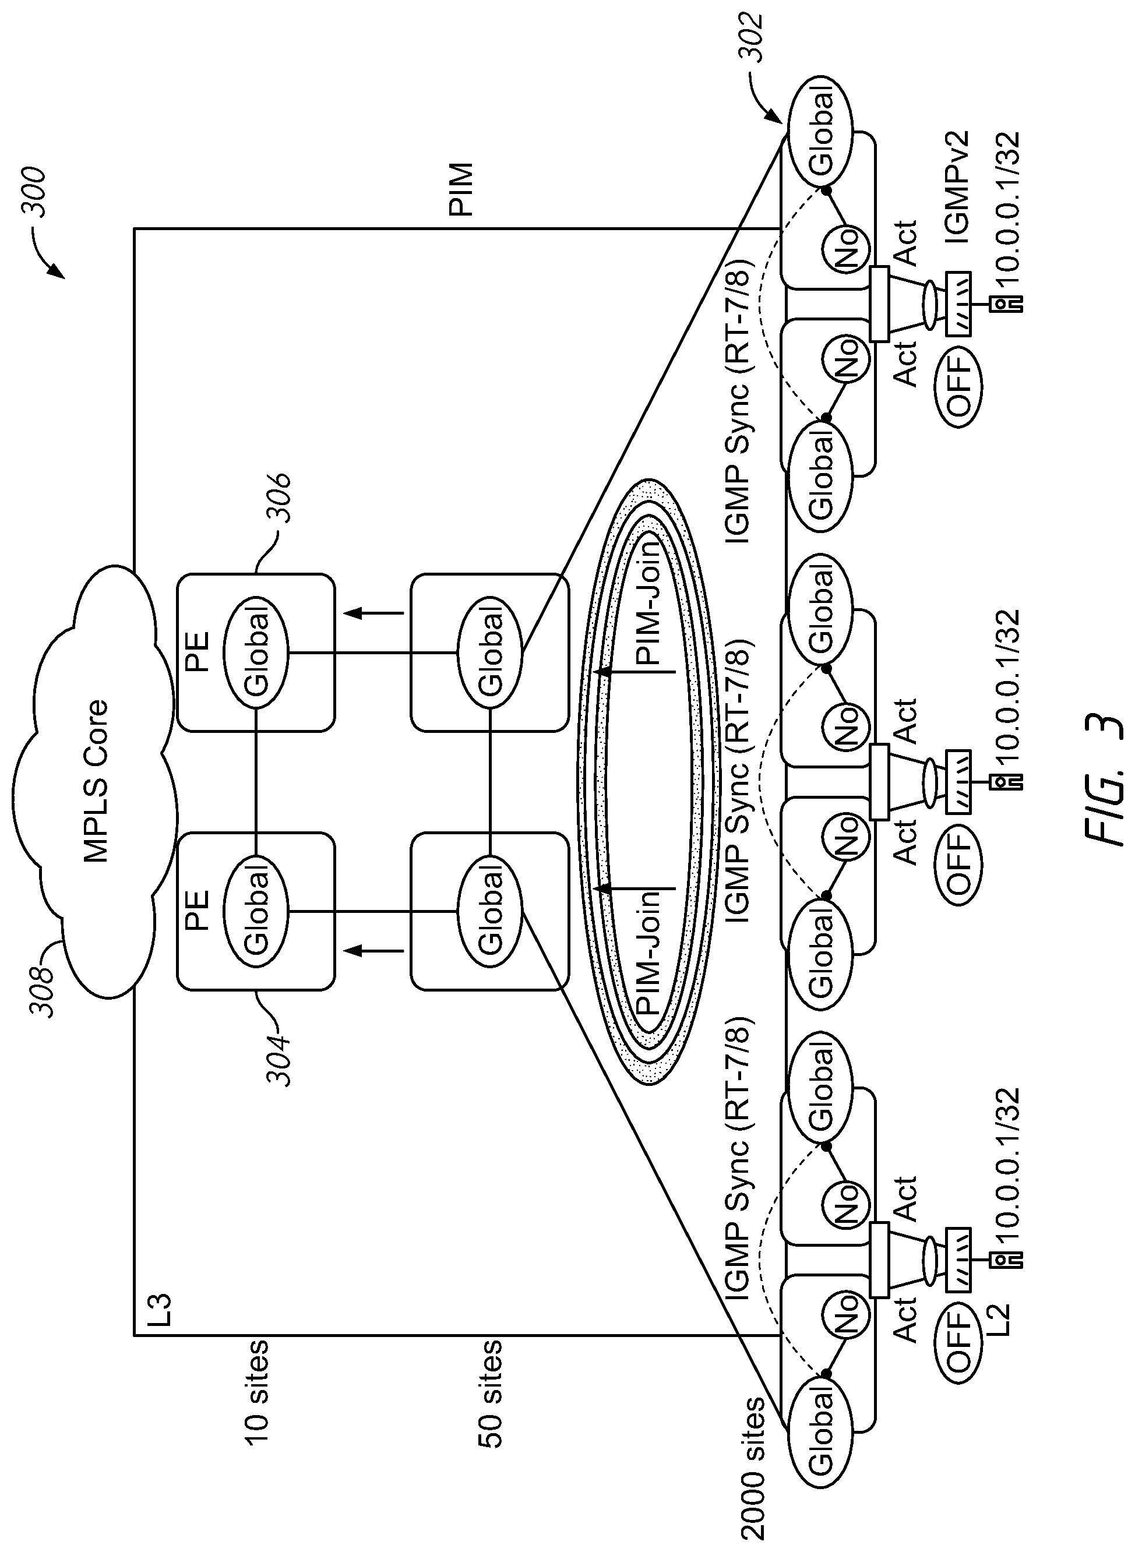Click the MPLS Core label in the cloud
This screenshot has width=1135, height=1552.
[96, 781]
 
